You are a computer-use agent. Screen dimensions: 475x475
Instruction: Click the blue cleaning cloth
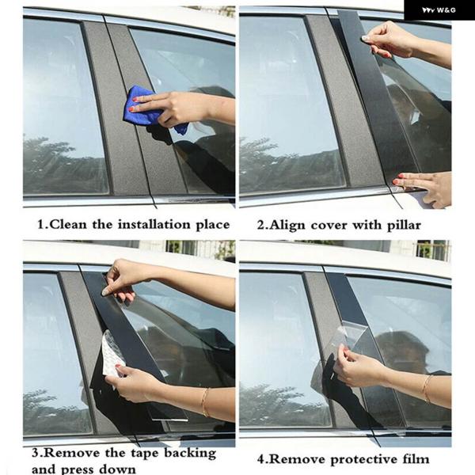pos(142,106)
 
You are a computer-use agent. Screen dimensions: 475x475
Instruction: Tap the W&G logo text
pos(439,10)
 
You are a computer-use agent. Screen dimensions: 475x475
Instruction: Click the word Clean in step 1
pos(67,225)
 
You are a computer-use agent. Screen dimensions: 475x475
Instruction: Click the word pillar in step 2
pos(404,226)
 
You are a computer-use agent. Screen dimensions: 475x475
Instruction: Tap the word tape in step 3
pos(145,454)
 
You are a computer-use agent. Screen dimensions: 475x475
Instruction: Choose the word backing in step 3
pos(190,454)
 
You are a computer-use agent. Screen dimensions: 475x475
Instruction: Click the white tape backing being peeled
pos(112,356)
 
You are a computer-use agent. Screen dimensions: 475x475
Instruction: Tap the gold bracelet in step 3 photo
pos(205,402)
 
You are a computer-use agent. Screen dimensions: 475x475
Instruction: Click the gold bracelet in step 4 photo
pos(427,389)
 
